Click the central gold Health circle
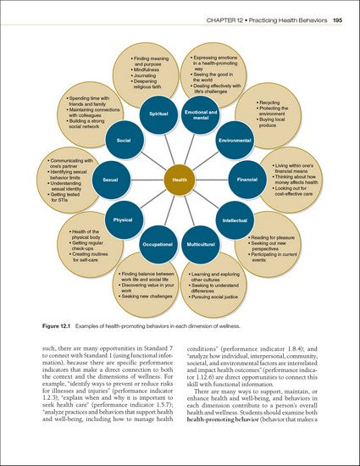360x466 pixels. (x=180, y=180)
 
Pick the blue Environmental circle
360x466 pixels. (x=235, y=138)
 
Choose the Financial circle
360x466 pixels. (x=247, y=180)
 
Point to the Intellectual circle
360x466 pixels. (x=235, y=220)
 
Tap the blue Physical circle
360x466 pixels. (x=124, y=220)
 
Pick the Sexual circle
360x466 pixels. (x=111, y=180)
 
